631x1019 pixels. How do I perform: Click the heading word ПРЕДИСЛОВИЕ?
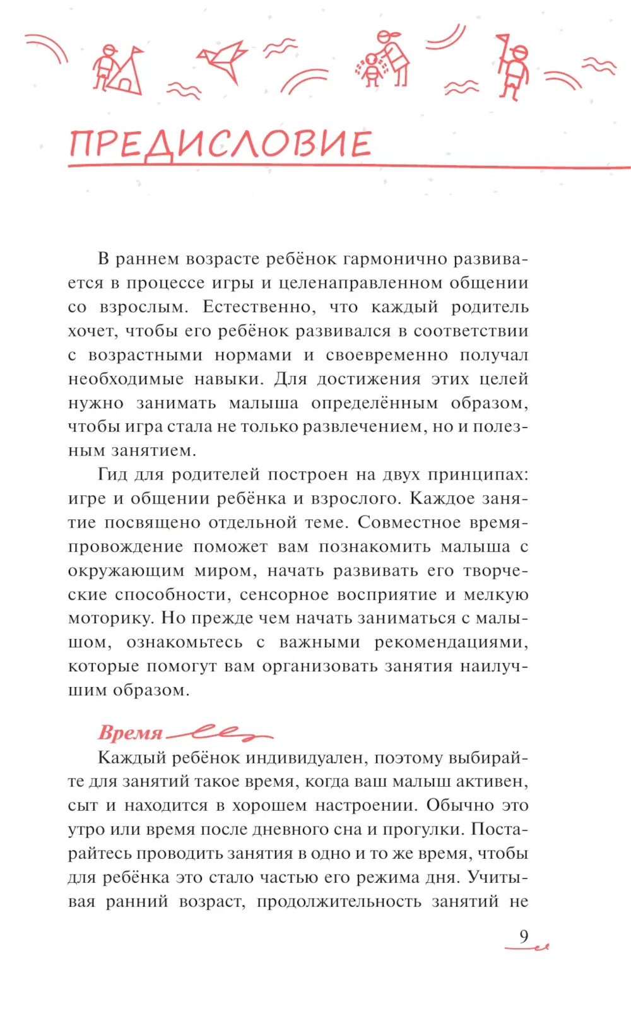tap(220, 144)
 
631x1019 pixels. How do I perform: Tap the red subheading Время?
tap(130, 733)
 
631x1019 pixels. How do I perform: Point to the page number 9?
tap(524, 936)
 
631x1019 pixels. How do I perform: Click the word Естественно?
tap(261, 307)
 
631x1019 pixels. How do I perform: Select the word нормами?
tap(253, 355)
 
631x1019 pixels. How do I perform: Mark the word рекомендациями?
tap(451, 642)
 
